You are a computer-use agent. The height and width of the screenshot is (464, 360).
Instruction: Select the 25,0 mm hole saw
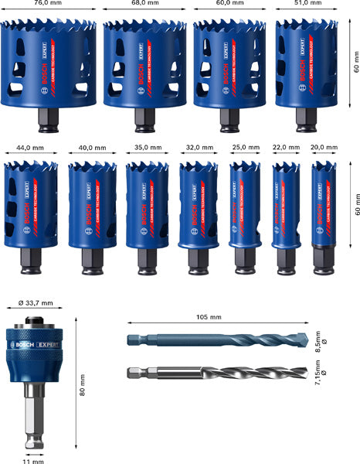[x=243, y=205]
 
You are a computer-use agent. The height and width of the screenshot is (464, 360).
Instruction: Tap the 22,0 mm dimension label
[x=286, y=147]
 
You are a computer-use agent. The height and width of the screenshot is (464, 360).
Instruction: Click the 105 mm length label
[x=209, y=317]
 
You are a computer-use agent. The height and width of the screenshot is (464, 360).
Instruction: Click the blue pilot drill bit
[x=224, y=340]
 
